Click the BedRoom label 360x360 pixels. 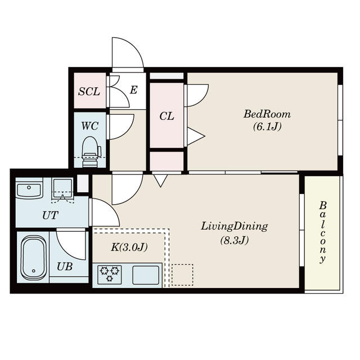point(267,114)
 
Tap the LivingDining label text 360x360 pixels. point(235,227)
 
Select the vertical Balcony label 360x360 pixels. point(322,232)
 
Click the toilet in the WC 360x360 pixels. point(91,151)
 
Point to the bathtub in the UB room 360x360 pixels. point(34,258)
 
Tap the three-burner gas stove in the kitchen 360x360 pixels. point(109,274)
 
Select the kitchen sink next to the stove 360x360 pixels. point(146,275)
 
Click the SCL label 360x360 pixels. point(89,92)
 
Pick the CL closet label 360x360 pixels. point(166,116)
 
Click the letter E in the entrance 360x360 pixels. point(133,90)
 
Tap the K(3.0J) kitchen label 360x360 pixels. point(129,247)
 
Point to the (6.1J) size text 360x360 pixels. point(267,127)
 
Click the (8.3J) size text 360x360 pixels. point(235,240)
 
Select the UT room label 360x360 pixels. point(50,215)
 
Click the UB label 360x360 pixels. point(65,267)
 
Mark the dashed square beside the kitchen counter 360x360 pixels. point(182,275)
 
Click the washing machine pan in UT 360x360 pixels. point(62,189)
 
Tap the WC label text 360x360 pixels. point(90,126)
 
